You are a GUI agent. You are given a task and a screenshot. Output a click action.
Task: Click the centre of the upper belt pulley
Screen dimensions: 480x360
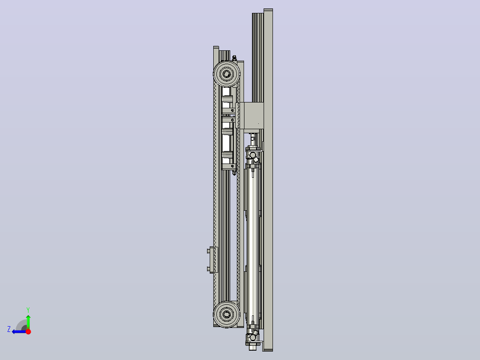[227, 74]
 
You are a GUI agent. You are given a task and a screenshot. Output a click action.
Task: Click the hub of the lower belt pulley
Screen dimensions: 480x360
[227, 315]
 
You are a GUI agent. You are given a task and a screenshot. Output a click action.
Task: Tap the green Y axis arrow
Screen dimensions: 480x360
[28, 322]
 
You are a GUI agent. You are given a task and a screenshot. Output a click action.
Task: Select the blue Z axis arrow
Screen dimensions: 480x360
[19, 331]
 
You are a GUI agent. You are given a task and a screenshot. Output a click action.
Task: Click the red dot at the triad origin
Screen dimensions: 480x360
[28, 331]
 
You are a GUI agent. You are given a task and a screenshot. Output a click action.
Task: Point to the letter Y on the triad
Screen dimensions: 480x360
[28, 310]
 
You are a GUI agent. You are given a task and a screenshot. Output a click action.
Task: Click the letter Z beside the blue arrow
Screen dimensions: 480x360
[9, 329]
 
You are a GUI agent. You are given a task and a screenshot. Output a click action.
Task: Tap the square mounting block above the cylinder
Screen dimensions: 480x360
[253, 115]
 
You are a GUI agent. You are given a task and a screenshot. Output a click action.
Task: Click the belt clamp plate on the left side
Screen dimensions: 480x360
[214, 259]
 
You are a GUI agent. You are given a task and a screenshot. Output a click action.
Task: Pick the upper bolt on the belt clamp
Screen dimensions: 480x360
[208, 251]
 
